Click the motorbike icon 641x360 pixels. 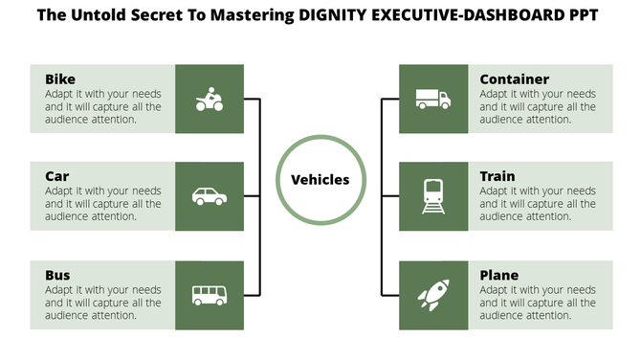click(x=210, y=99)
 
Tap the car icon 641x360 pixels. click(x=210, y=196)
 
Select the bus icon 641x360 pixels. click(x=210, y=295)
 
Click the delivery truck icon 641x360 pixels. click(x=432, y=99)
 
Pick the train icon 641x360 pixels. click(x=432, y=196)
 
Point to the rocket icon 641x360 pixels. click(x=432, y=295)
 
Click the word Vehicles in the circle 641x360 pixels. click(x=320, y=179)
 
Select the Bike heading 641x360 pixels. click(x=60, y=79)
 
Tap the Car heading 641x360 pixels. click(x=57, y=176)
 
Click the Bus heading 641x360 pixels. click(x=58, y=275)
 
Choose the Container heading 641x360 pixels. click(x=515, y=79)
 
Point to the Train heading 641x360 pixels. click(x=497, y=176)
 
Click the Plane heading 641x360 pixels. click(x=499, y=275)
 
